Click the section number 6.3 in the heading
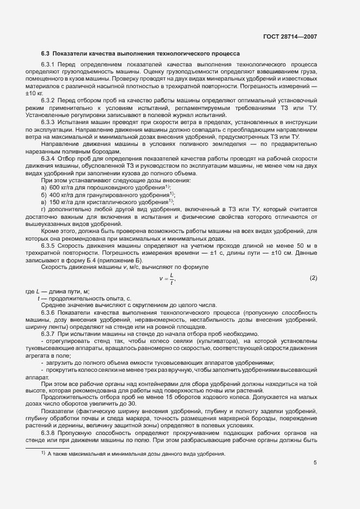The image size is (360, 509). pyautogui.click(x=46, y=54)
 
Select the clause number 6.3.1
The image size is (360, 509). pyautogui.click(x=49, y=65)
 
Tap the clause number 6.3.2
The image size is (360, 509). pyautogui.click(x=49, y=101)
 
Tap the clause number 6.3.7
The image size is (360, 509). pyautogui.click(x=49, y=333)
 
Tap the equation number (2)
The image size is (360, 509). pyautogui.click(x=313, y=278)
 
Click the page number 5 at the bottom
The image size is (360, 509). pyautogui.click(x=315, y=463)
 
